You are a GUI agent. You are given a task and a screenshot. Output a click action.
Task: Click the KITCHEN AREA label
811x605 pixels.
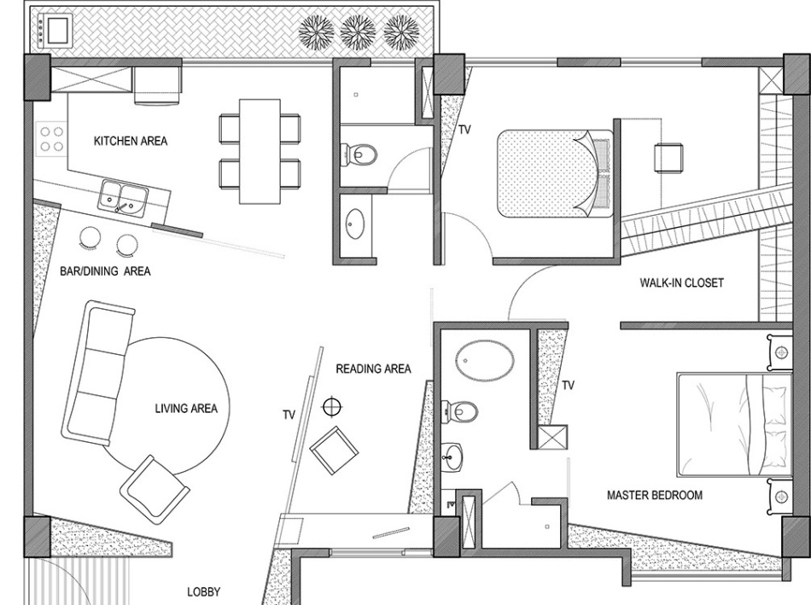tap(131, 141)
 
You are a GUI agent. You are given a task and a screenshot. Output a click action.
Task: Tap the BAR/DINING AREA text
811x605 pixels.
tap(105, 271)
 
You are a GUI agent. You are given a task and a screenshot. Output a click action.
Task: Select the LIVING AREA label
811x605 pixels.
tap(186, 409)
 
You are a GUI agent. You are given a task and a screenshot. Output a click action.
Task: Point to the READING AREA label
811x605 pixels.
tap(373, 369)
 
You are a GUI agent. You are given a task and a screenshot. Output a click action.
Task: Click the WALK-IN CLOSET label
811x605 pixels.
tap(682, 282)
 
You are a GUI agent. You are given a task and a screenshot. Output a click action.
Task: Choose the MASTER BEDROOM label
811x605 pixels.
tap(655, 496)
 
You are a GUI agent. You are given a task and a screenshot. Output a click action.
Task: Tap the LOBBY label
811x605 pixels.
tap(204, 592)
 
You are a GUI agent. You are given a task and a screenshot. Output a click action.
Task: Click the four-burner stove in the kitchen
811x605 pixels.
tap(51, 138)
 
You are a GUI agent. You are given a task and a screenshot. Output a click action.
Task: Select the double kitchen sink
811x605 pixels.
tap(124, 196)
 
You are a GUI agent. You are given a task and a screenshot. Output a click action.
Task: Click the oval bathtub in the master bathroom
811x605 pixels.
tap(485, 361)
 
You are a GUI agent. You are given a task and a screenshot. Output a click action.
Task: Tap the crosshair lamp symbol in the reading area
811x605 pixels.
tap(331, 407)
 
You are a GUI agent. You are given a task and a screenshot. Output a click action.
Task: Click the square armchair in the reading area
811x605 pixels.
tap(334, 450)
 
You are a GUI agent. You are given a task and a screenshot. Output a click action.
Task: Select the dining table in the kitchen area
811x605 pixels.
tap(260, 151)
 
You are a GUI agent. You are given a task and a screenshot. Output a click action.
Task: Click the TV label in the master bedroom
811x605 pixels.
tap(569, 385)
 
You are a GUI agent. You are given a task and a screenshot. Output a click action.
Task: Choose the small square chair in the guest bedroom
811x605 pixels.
tap(668, 157)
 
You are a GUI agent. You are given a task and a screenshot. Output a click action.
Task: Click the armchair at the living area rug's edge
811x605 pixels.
tap(155, 484)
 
